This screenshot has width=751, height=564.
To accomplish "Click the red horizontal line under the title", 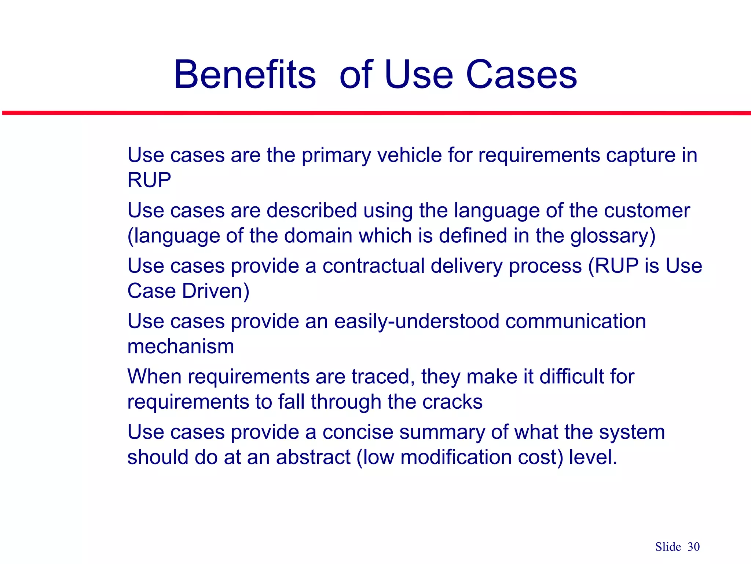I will pyautogui.click(x=375, y=113).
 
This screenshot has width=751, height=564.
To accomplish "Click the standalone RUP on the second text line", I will pyautogui.click(x=149, y=180).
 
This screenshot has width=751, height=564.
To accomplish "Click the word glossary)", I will pyautogui.click(x=613, y=236).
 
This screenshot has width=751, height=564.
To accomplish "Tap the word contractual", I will pyautogui.click(x=373, y=265).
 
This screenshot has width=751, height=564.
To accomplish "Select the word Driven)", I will pyautogui.click(x=216, y=291).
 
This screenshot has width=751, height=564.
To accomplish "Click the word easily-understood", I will pyautogui.click(x=417, y=321).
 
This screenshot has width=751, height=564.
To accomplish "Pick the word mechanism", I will pyautogui.click(x=180, y=346).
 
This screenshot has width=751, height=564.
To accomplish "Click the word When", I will pyautogui.click(x=154, y=376).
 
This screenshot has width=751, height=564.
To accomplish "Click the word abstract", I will pyautogui.click(x=313, y=457).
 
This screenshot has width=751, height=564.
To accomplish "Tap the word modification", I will pyautogui.click(x=456, y=457).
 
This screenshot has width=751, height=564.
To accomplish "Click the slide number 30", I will pyautogui.click(x=693, y=547).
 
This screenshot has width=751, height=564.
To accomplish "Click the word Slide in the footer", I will pyautogui.click(x=668, y=547).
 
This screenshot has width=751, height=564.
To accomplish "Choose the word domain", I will pyautogui.click(x=318, y=236).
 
